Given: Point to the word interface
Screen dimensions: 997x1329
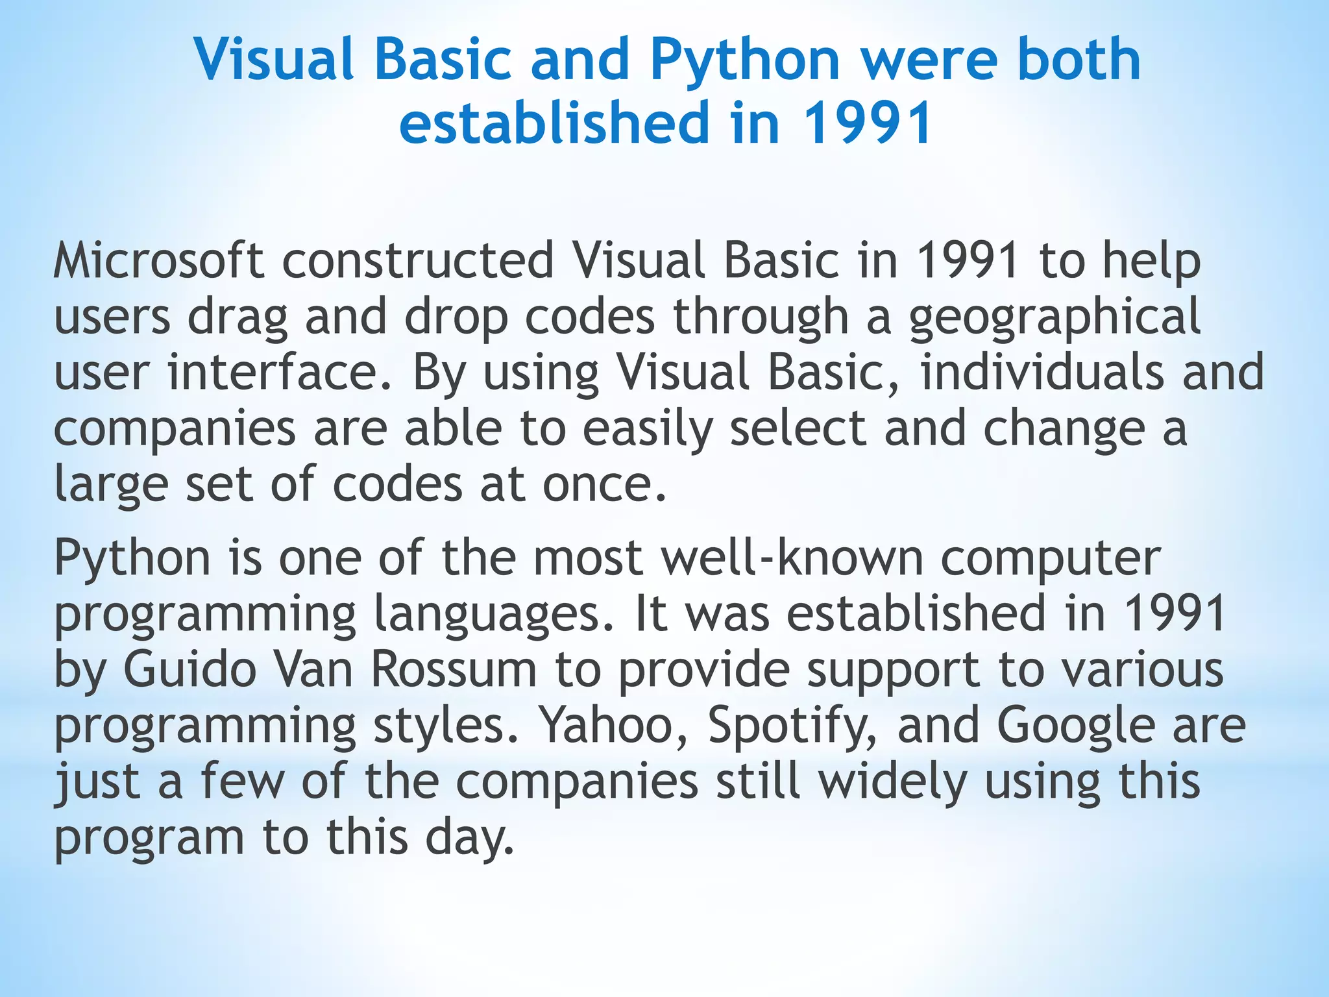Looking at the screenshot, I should tap(280, 373).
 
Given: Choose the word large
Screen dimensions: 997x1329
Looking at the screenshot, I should tap(111, 486).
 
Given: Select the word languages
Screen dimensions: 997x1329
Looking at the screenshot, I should tap(494, 615).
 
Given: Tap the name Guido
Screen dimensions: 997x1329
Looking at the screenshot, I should tap(189, 670).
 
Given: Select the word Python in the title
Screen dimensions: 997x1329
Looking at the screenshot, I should tap(746, 60).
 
